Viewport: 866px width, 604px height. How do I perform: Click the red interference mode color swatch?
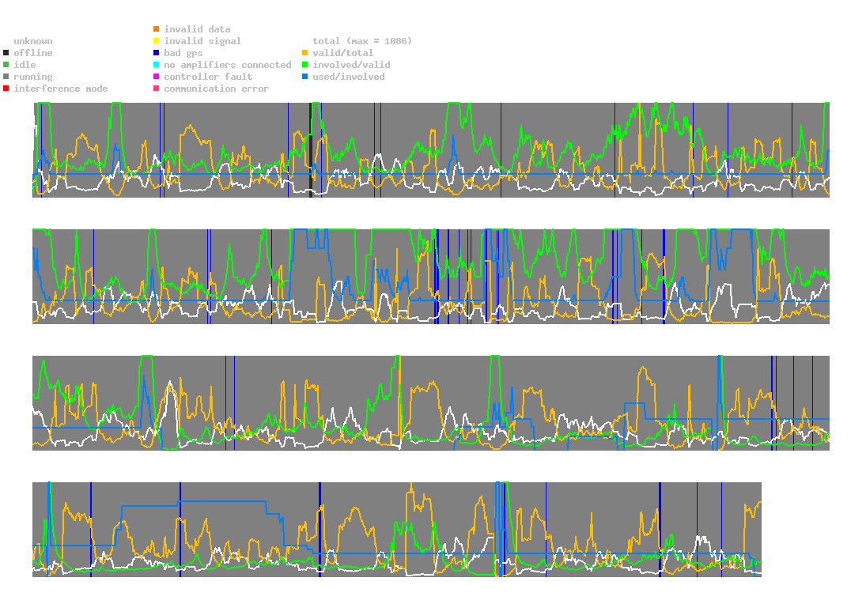[6, 89]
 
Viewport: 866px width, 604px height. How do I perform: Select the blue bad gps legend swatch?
[157, 53]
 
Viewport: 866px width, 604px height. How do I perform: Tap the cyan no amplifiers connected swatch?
[157, 65]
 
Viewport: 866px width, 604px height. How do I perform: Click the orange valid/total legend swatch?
[305, 53]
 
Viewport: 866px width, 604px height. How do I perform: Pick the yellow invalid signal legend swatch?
[157, 41]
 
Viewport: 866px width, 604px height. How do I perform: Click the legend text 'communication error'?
[216, 89]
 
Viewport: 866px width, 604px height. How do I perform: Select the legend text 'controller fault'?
[208, 77]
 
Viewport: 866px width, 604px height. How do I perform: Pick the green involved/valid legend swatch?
[305, 65]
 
